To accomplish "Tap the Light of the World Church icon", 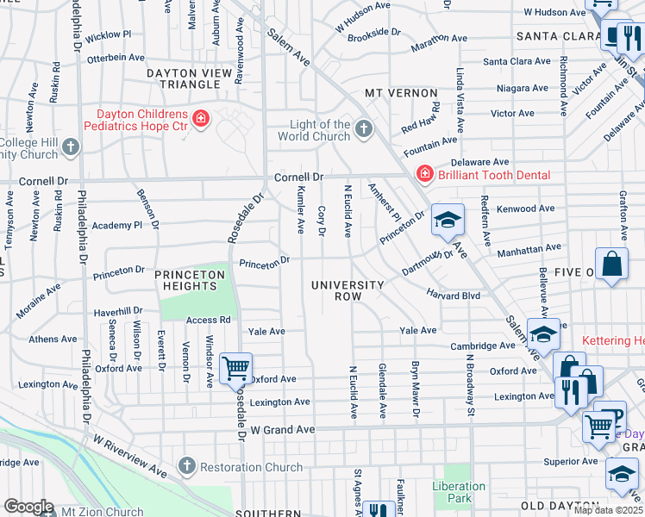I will (364, 130).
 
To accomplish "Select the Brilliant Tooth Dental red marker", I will (423, 175).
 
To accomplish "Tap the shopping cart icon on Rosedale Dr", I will (235, 368).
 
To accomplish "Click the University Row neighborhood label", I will (348, 290).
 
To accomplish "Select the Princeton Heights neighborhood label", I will (190, 280).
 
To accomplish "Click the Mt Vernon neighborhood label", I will (396, 92).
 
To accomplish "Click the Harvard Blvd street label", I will (453, 295).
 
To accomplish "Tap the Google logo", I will (29, 506).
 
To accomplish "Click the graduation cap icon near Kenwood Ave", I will (448, 221).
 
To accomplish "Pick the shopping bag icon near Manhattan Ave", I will (611, 265).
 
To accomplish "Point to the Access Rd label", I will (208, 320).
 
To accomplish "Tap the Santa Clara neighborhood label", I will (558, 36).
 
